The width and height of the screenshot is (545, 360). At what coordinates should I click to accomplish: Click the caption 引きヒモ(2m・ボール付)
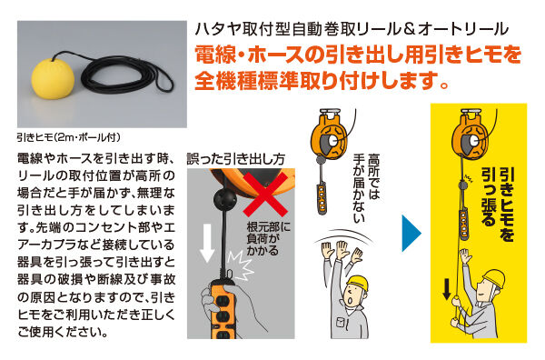point(67,138)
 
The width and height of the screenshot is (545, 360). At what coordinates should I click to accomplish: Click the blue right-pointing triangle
point(412,232)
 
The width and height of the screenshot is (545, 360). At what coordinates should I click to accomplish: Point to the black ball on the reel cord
point(223,198)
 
